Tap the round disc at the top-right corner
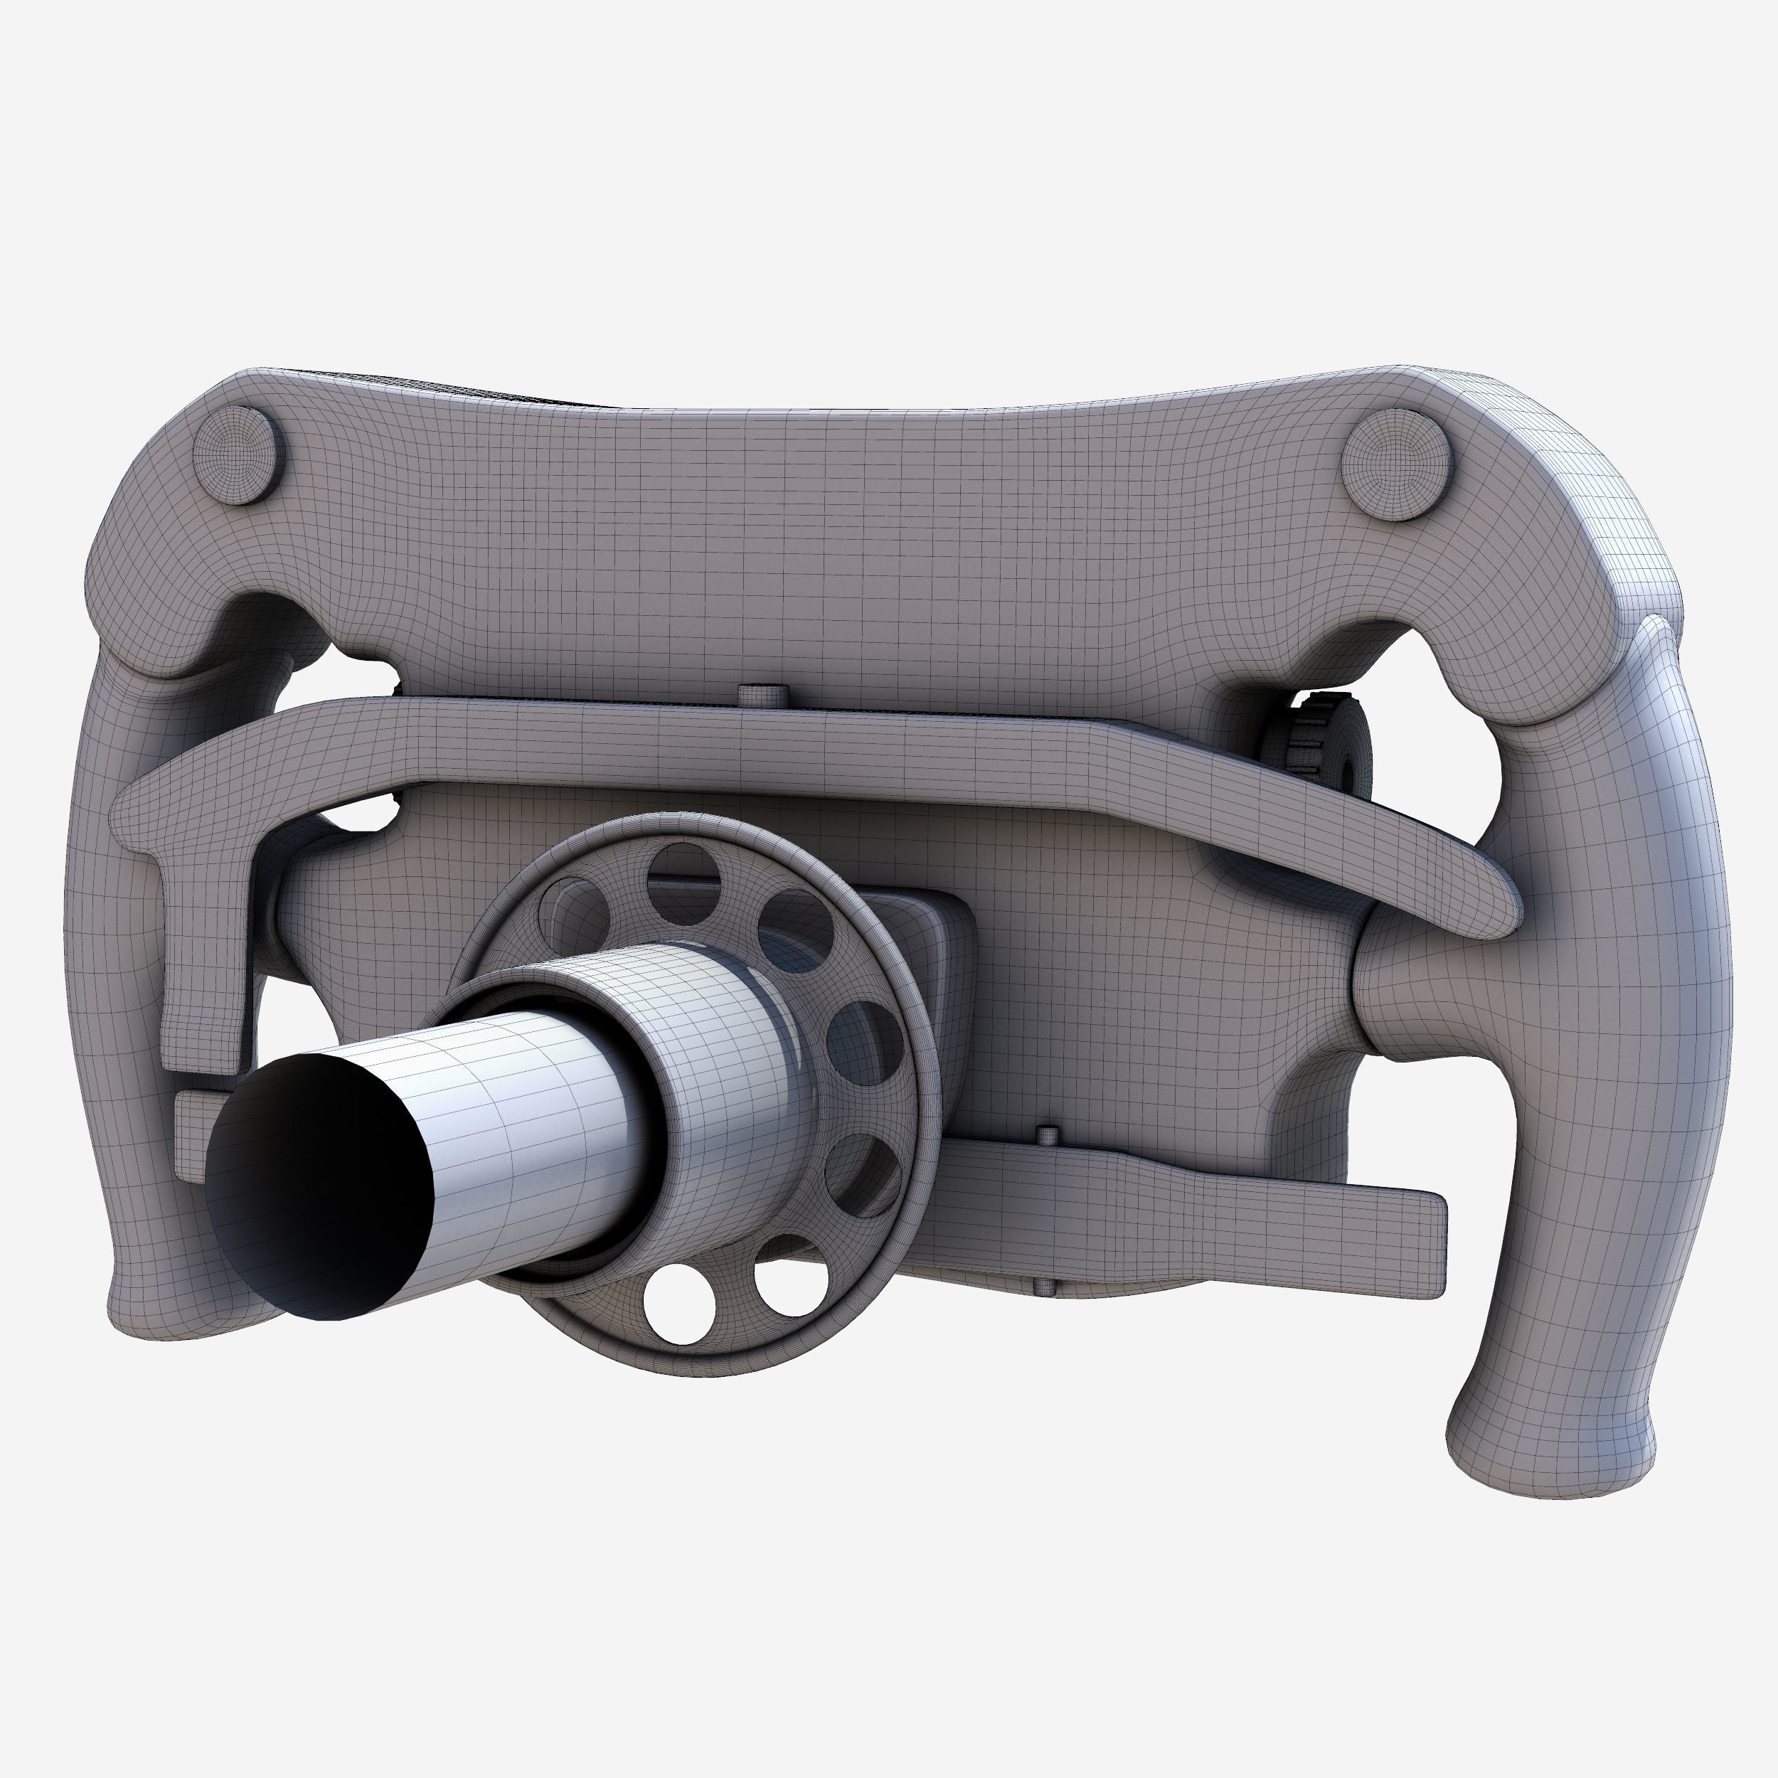pos(1396,464)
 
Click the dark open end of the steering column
pos(317,1186)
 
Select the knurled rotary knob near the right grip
pos(1325,745)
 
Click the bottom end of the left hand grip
pos(175,1306)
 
